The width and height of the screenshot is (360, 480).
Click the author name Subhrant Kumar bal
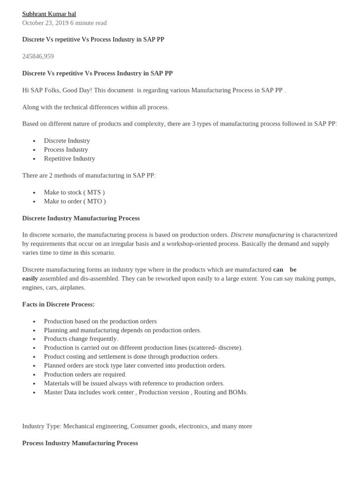click(x=49, y=14)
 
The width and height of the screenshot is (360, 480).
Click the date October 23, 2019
click(x=45, y=23)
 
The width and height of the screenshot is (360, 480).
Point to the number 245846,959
click(x=38, y=56)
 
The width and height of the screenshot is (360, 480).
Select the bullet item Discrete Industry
click(x=67, y=141)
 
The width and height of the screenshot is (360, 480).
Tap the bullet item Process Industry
click(x=66, y=150)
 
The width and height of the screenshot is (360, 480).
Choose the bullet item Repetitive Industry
click(x=69, y=158)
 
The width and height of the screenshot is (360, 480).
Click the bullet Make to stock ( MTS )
click(x=74, y=192)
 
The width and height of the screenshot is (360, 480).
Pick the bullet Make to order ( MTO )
click(x=75, y=201)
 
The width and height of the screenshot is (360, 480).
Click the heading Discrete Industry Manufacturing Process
click(x=81, y=218)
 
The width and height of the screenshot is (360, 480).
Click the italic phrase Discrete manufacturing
click(x=262, y=235)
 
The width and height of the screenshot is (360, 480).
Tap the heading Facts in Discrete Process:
click(x=58, y=305)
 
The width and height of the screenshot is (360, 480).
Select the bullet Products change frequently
click(x=81, y=339)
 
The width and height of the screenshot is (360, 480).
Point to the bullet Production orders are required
click(x=85, y=375)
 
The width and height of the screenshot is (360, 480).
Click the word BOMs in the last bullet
click(x=238, y=392)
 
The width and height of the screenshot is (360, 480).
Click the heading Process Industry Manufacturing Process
click(x=80, y=443)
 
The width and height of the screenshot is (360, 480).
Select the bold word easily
click(x=30, y=278)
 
